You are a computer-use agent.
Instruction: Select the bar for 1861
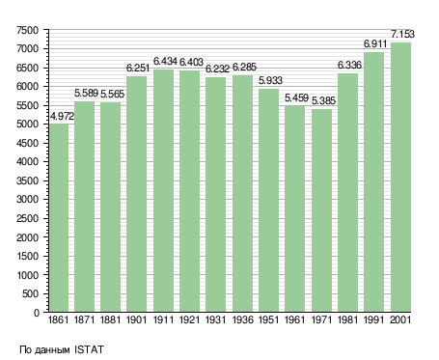click(x=59, y=218)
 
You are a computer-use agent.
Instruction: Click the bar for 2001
click(x=400, y=177)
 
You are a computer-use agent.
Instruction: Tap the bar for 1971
click(x=321, y=210)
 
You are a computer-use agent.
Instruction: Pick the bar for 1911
click(x=163, y=190)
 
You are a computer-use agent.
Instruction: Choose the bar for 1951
click(x=268, y=200)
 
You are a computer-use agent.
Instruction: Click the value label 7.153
click(x=402, y=34)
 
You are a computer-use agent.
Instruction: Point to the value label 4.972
click(x=62, y=116)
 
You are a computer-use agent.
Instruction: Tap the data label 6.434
click(x=165, y=61)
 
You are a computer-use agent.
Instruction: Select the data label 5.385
click(x=323, y=100)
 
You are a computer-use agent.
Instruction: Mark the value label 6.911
click(x=375, y=43)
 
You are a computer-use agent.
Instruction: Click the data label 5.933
click(x=270, y=80)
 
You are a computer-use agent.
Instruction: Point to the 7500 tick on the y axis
click(x=27, y=30)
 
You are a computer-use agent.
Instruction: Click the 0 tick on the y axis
click(x=37, y=313)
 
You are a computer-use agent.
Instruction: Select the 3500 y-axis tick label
click(x=27, y=180)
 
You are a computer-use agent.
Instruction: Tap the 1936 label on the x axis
click(x=242, y=319)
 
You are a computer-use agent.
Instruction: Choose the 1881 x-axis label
click(x=110, y=319)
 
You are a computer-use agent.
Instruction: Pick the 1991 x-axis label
click(x=374, y=319)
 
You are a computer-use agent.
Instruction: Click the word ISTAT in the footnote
click(x=89, y=349)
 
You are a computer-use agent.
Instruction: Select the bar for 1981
click(x=347, y=192)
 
